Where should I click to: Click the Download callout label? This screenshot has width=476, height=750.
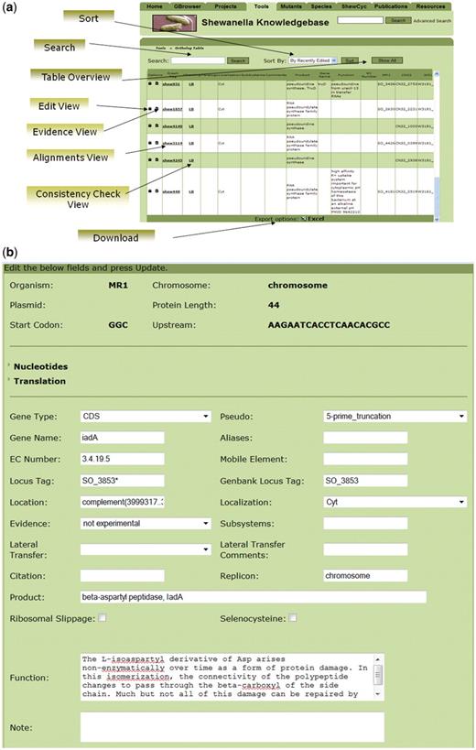(x=114, y=238)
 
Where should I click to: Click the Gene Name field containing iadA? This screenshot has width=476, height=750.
(x=122, y=438)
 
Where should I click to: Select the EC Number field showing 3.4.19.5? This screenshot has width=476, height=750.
(x=122, y=460)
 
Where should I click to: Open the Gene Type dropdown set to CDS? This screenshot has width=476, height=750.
(x=146, y=416)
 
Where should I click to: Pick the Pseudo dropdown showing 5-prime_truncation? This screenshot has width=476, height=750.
(x=395, y=416)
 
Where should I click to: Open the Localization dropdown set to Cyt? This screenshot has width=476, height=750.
(x=395, y=503)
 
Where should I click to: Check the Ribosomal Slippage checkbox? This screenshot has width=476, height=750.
(x=103, y=618)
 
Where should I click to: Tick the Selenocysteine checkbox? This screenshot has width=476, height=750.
(x=294, y=618)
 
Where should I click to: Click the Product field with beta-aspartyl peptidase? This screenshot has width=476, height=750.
(x=253, y=597)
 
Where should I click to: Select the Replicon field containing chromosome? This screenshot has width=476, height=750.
(x=365, y=576)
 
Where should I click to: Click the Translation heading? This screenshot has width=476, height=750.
(x=39, y=381)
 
